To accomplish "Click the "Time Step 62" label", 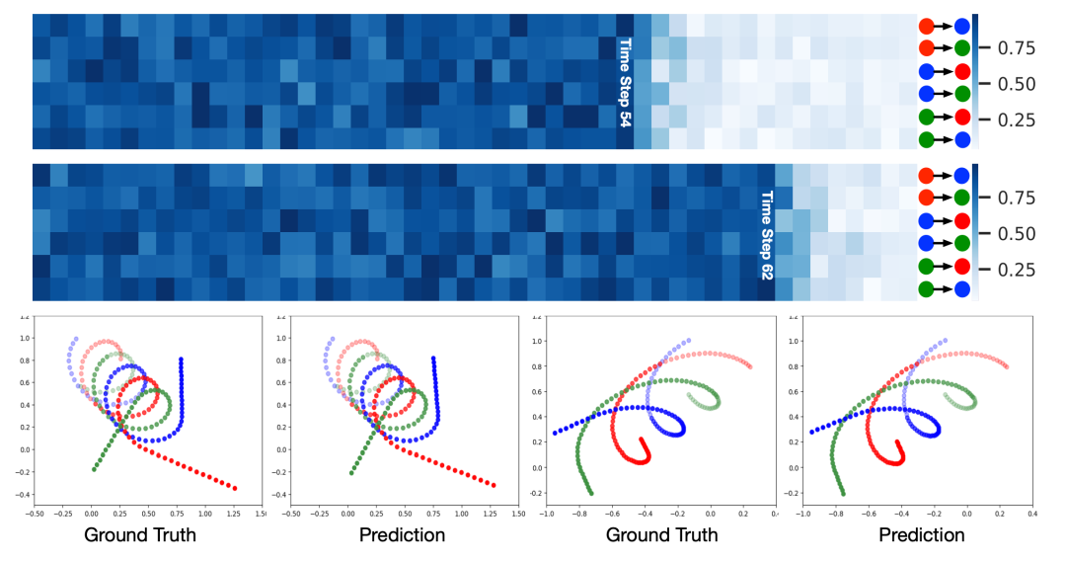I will [x=766, y=233].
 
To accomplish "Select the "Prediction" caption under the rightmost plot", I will [x=922, y=535].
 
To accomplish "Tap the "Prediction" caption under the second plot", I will [x=402, y=535].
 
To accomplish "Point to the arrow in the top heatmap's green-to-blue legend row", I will [x=944, y=139].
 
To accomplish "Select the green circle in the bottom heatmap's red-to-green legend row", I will [x=961, y=199].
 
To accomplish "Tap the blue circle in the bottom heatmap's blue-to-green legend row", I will [x=926, y=243].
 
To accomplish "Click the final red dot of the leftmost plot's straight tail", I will [x=235, y=487].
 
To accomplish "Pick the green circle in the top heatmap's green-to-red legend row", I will [x=926, y=118].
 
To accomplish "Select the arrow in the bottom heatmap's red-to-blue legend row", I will [x=944, y=176].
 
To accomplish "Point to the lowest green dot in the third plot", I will [x=591, y=492].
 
